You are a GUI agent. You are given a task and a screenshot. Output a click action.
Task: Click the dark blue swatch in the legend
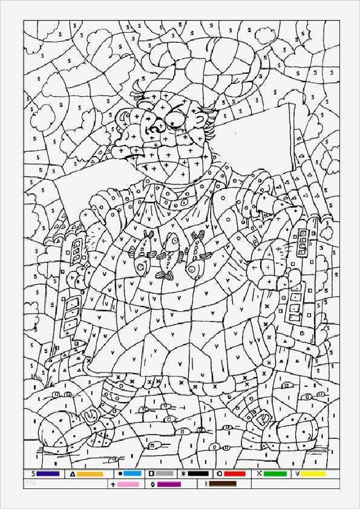pyautogui.click(x=48, y=474)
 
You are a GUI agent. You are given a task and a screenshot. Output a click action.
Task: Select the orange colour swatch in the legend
pyautogui.click(x=90, y=474)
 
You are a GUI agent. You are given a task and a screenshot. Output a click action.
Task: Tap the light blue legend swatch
pyautogui.click(x=133, y=474)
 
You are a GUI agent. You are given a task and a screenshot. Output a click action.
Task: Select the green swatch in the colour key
pyautogui.click(x=275, y=474)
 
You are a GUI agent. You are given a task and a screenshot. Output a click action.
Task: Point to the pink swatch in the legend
pyautogui.click(x=128, y=484)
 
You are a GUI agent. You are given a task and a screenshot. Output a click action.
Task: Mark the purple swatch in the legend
pyautogui.click(x=169, y=484)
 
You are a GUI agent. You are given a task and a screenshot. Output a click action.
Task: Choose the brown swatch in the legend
pyautogui.click(x=222, y=484)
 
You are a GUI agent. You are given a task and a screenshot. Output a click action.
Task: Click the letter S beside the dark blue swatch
pyautogui.click(x=31, y=474)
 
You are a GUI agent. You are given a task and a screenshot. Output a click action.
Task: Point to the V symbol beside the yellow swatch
pyautogui.click(x=297, y=474)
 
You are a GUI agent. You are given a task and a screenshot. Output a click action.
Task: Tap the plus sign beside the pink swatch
pyautogui.click(x=113, y=484)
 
